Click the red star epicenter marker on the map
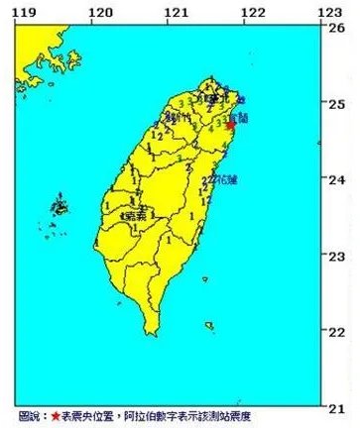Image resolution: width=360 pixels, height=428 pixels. pyautogui.click(x=231, y=126)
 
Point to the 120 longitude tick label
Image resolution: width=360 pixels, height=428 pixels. pyautogui.click(x=100, y=11)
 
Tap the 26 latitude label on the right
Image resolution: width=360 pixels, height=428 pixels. pyautogui.click(x=336, y=28)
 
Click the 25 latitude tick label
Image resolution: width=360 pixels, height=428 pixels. pyautogui.click(x=336, y=103)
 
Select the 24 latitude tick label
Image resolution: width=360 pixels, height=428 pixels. pyautogui.click(x=336, y=179)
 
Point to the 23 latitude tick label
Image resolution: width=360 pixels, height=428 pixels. pyautogui.click(x=336, y=256)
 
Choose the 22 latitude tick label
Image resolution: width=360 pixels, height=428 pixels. pyautogui.click(x=336, y=331)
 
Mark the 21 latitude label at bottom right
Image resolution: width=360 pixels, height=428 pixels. pyautogui.click(x=336, y=406)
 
